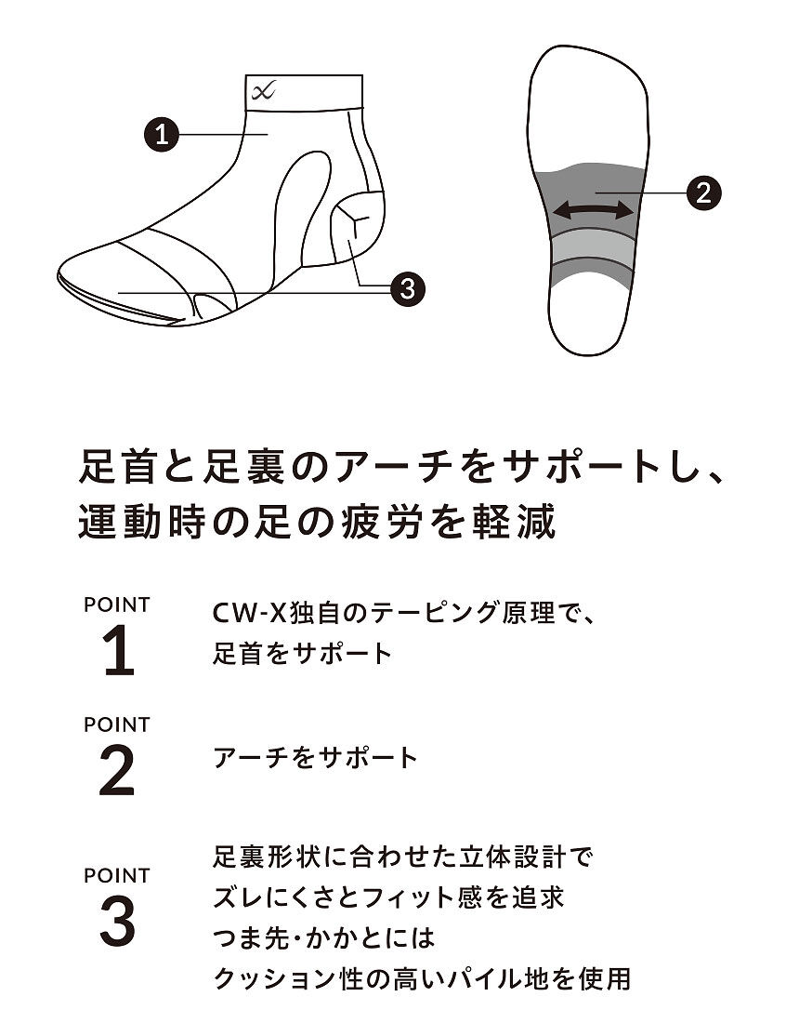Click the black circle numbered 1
point(161,135)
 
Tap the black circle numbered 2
point(704,193)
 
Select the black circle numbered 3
point(407,287)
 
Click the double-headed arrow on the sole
point(593,210)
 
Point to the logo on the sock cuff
point(263,91)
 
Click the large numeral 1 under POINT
point(119,650)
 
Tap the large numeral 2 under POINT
point(117,771)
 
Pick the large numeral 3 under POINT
point(118,922)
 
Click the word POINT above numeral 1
point(117,604)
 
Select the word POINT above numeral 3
point(117,875)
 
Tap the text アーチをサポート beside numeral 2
point(316,757)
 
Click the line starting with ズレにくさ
point(389,897)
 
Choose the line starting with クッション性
point(423,978)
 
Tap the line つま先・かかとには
point(324,938)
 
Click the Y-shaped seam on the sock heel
point(353,219)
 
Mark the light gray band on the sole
point(593,246)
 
